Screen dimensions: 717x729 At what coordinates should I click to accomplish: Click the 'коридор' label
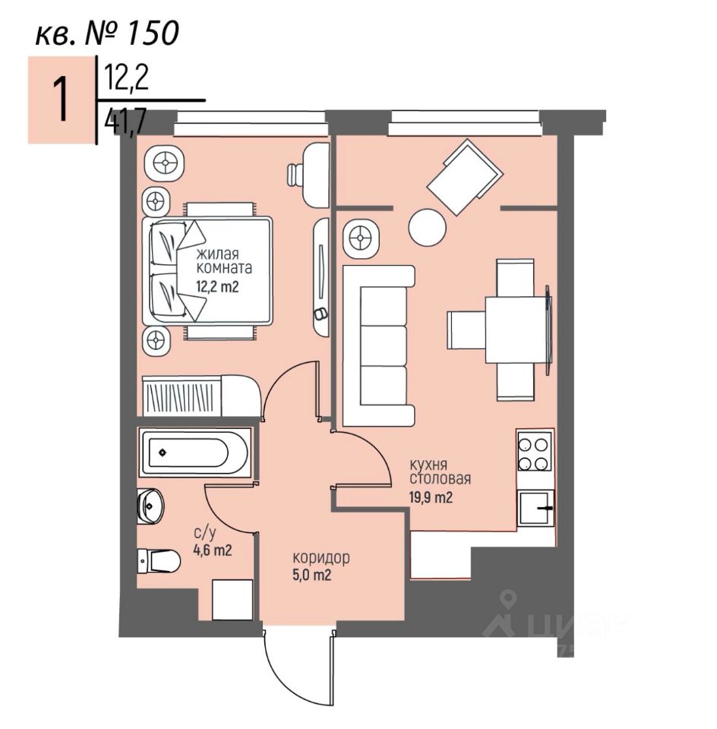(321, 558)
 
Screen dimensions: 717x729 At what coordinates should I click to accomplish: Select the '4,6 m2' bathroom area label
(211, 550)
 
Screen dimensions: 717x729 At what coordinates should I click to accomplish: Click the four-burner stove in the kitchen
(535, 452)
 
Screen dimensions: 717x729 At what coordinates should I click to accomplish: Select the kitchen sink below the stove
(536, 507)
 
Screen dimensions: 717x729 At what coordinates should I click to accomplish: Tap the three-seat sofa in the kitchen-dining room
(380, 346)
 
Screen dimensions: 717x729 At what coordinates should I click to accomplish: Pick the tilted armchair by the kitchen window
(466, 178)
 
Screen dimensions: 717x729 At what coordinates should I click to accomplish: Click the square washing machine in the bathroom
(232, 600)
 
